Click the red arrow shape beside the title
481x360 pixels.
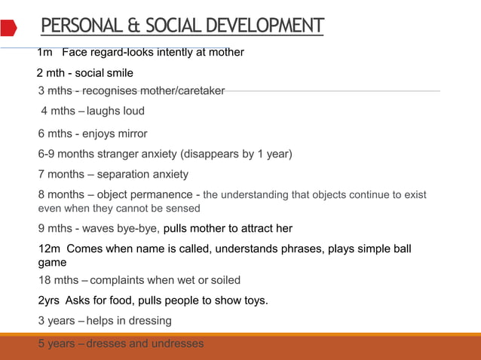pos(8,28)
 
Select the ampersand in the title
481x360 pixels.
pos(133,27)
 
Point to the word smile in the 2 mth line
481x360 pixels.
pos(120,73)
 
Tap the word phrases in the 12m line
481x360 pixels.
pos(296,249)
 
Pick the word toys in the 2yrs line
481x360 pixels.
pos(254,301)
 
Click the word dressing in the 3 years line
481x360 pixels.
pos(149,321)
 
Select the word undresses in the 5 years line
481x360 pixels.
pos(176,343)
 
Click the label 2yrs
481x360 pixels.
pos(49,301)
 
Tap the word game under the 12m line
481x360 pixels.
pos(52,263)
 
